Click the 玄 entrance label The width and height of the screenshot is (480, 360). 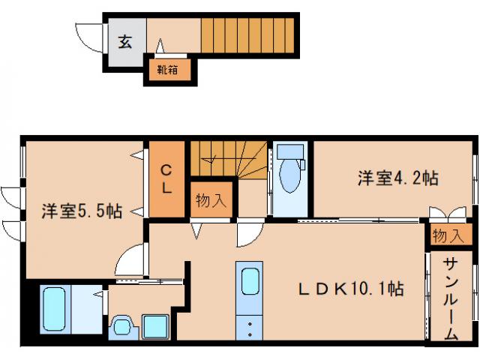click(124, 42)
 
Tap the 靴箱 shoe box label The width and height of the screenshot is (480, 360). click(166, 71)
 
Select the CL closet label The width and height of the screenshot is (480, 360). click(167, 179)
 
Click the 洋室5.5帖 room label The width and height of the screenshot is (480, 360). click(82, 211)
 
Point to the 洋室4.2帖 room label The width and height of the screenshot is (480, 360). click(397, 178)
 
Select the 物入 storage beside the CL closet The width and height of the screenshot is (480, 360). click(211, 200)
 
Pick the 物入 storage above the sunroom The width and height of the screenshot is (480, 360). click(448, 236)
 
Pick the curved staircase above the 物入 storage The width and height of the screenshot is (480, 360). click(225, 159)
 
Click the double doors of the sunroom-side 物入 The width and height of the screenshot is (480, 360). click(437, 213)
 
